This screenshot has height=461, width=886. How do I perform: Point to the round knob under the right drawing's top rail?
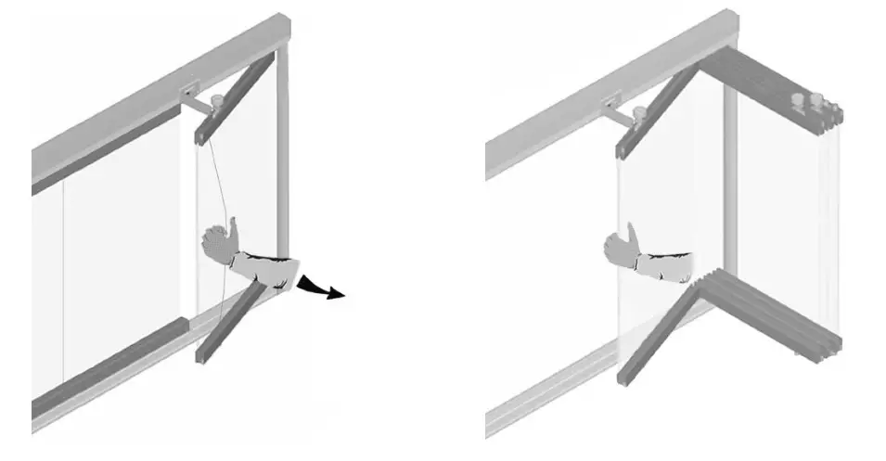(638, 115)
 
